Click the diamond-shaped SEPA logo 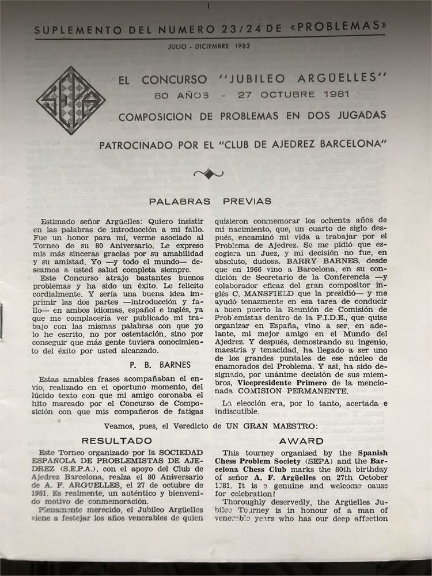[x=70, y=101]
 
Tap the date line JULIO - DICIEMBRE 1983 [x=209, y=46]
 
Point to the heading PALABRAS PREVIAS [x=210, y=202]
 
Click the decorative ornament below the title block [x=209, y=172]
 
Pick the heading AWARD [x=301, y=441]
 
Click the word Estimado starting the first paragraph [x=58, y=220]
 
